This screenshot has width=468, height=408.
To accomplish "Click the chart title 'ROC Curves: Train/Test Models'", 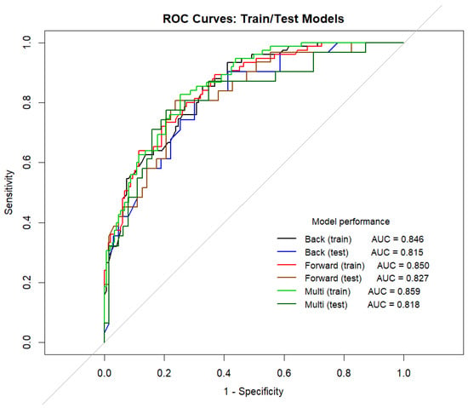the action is coord(254,19).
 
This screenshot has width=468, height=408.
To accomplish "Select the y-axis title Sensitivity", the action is coord(9,192).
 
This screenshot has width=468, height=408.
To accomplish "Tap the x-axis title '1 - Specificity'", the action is coord(254,391).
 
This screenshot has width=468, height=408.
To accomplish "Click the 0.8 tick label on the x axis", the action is coord(344,373).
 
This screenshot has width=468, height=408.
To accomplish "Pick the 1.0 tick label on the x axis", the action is coord(403,373).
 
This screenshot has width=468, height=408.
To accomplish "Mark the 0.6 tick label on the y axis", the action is coord(27,163).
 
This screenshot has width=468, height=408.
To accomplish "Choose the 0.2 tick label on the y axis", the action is coord(27,282).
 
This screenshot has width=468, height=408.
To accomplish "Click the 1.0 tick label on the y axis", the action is coord(27,43).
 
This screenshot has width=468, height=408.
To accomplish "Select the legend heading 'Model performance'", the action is coord(351,221).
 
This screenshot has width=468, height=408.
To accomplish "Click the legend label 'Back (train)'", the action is coord(328,239).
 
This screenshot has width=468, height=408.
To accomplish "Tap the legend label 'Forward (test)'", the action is coord(334,279).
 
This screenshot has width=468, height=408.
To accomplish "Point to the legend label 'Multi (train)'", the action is coord(328,291).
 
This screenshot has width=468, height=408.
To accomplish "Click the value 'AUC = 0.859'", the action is coord(394,291).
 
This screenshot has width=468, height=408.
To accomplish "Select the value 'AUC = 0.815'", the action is coord(397,252).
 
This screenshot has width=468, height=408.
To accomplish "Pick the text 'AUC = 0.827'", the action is coord(402,279).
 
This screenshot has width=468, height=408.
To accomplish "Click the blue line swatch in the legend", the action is coord(287,252).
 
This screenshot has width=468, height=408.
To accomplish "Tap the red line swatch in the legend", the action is coord(287,265).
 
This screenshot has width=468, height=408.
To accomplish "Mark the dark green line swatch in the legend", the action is coord(287,304).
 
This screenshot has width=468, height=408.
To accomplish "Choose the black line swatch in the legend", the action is coord(287,238).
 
